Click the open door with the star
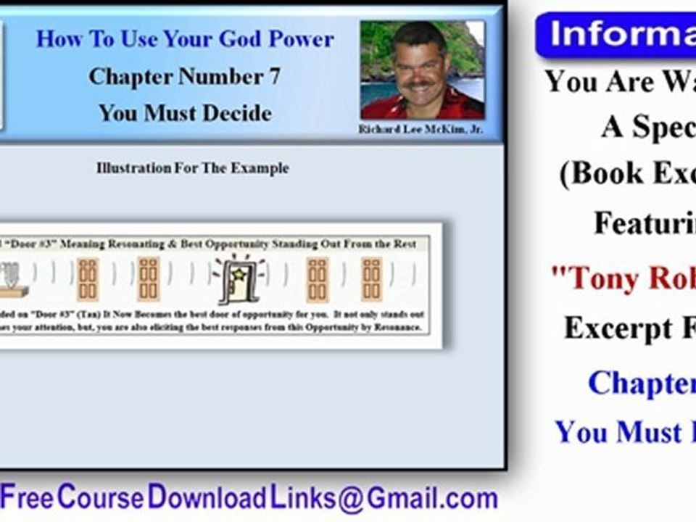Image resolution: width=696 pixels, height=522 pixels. [239, 281]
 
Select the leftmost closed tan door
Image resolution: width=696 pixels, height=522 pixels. [88, 280]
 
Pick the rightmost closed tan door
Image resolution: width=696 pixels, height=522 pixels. [371, 280]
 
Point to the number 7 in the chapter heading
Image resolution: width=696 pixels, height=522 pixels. [274, 76]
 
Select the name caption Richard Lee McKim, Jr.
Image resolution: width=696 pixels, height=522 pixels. [421, 130]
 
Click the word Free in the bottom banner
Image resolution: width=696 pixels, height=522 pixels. [27, 499]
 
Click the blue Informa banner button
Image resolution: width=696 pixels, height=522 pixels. [616, 35]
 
